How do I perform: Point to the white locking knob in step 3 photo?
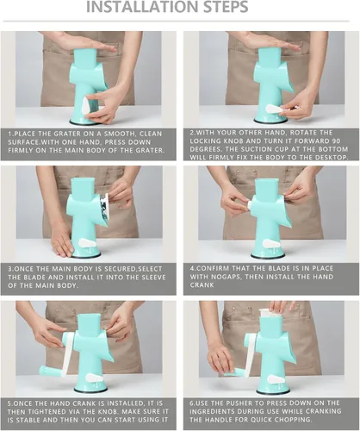point(88,243)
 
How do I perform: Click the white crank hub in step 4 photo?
point(250,204)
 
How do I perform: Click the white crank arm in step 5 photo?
point(68,353)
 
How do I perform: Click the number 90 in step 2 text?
point(337,141)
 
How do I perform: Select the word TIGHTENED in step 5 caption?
point(39,411)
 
